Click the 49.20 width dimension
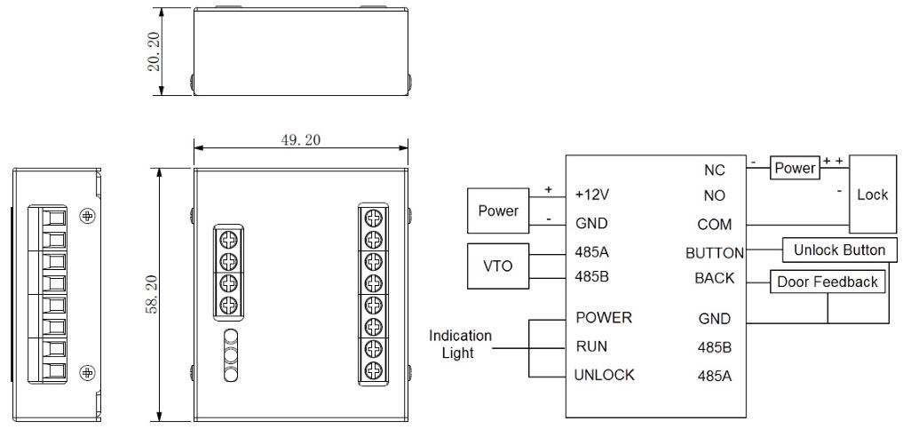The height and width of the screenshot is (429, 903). [x=301, y=141]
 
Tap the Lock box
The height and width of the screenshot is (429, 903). [x=872, y=195]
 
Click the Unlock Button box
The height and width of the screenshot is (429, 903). [x=839, y=250]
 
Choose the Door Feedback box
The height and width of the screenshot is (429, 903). [x=827, y=282]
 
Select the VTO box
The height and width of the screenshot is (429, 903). [x=497, y=266]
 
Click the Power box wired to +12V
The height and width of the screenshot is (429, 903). [x=498, y=211]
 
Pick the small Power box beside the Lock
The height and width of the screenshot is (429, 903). [x=794, y=168]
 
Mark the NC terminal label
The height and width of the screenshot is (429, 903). [x=714, y=170]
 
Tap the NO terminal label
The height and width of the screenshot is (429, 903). [x=714, y=195]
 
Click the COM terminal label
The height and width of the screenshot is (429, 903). [x=714, y=225]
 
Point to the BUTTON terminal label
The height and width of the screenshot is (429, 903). [x=714, y=253]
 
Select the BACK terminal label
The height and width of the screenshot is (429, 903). [x=714, y=278]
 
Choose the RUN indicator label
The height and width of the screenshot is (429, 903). [x=591, y=346]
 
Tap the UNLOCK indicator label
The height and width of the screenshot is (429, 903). [x=604, y=375]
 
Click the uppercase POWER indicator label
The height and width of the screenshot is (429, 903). [x=604, y=317]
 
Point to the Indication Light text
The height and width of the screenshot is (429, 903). [x=460, y=345]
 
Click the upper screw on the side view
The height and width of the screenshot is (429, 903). [x=87, y=215]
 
